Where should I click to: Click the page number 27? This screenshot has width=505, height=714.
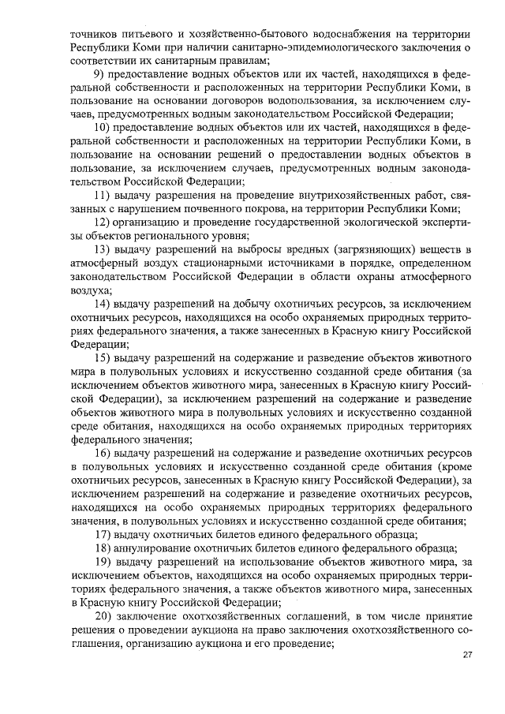pos(466,655)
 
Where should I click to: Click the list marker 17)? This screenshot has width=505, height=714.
pos(102,534)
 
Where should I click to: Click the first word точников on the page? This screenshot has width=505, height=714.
pos(93,34)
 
